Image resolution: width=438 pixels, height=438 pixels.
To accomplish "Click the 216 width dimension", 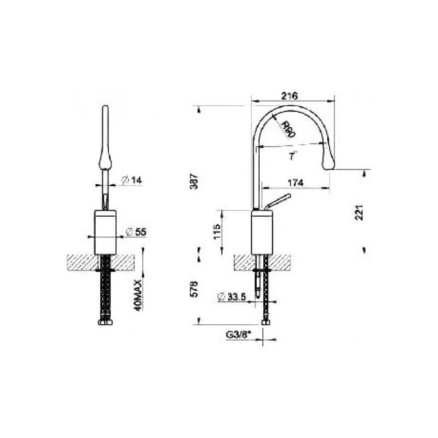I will tap(290, 96).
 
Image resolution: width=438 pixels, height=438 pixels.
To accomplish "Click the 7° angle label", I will tap(292, 157).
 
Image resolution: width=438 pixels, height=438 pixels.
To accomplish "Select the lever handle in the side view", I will tap(277, 201).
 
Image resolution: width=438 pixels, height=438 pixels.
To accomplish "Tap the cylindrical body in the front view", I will tap(107, 231).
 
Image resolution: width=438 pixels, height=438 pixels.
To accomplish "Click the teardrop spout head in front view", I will tap(105, 159).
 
